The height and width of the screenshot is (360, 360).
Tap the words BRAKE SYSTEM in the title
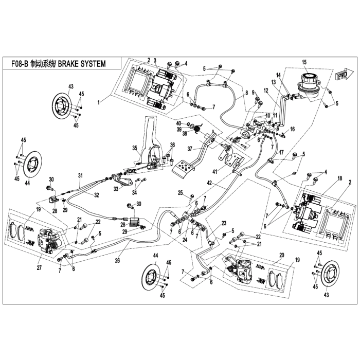(x=82, y=64)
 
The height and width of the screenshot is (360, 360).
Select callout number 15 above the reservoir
(x=304, y=62)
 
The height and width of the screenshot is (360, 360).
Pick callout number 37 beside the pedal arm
(x=190, y=149)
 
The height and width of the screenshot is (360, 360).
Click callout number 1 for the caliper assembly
(x=99, y=102)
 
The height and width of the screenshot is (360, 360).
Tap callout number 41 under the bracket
(x=214, y=171)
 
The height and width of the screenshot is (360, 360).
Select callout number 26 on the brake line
(x=117, y=261)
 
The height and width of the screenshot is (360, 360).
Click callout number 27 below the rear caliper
(x=39, y=267)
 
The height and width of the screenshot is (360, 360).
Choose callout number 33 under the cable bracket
(x=116, y=189)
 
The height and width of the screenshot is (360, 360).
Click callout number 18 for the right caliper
(x=340, y=178)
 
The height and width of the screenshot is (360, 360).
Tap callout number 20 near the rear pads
(x=282, y=255)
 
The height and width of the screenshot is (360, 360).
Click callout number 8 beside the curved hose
(x=246, y=93)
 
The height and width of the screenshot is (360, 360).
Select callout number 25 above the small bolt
(x=181, y=193)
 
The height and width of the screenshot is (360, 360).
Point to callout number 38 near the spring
(x=185, y=133)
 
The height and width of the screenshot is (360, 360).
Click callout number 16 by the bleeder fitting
(x=292, y=129)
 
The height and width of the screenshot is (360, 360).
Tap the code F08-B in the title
(x=20, y=64)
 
